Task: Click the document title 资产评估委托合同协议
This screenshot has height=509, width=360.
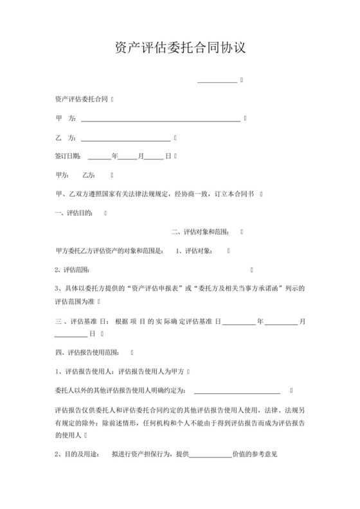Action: tap(179, 48)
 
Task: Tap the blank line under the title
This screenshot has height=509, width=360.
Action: tap(217, 82)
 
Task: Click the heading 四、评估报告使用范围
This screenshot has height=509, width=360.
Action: tap(88, 353)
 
